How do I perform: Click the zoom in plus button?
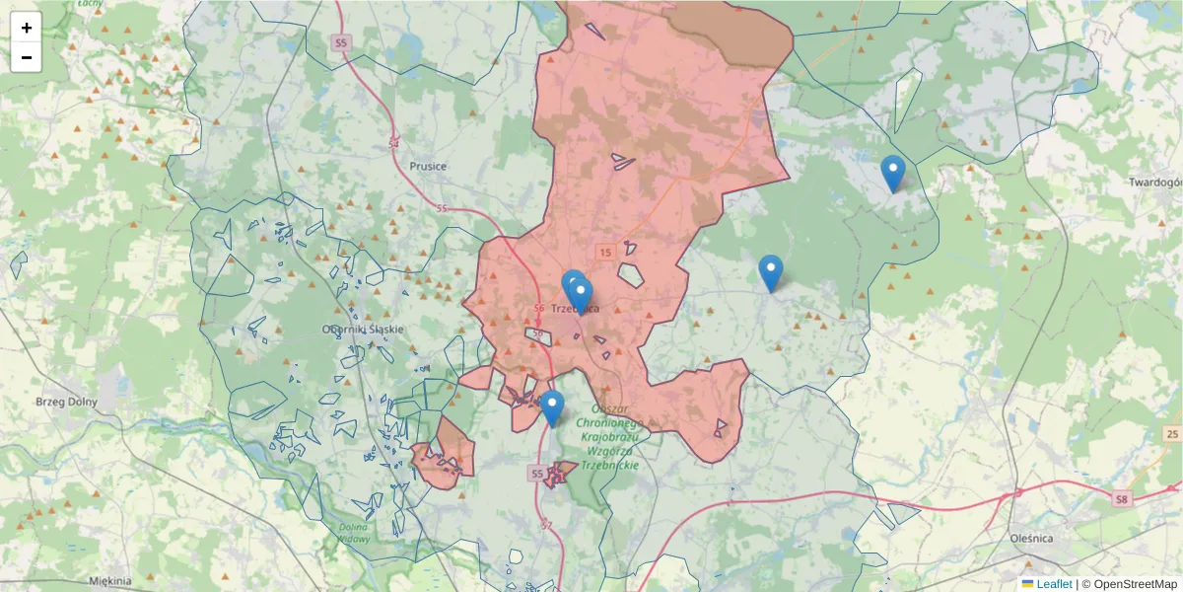point(27,28)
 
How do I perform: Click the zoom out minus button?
point(27,57)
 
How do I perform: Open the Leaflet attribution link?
point(1053,584)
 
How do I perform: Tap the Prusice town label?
point(428,167)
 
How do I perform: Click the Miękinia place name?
point(109,581)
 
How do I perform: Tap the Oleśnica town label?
point(1032,539)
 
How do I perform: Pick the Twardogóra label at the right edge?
point(1155,183)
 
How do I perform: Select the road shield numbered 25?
point(1171,434)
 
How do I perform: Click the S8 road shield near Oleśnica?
point(1122,499)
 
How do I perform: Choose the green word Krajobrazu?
point(611,437)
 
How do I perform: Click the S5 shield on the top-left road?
point(340,43)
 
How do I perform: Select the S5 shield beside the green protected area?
point(537,475)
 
